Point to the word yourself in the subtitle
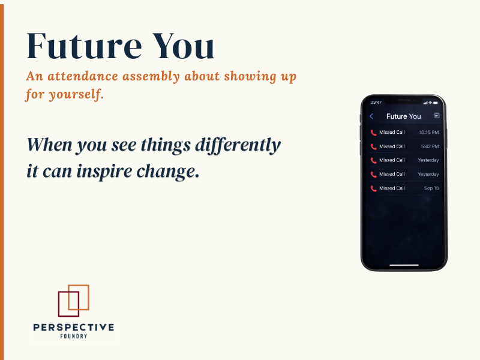pyautogui.click(x=77, y=95)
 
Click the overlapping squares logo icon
pyautogui.click(x=73, y=301)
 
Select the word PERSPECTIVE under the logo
pyautogui.click(x=73, y=328)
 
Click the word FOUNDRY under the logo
pyautogui.click(x=73, y=337)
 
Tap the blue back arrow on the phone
pyautogui.click(x=371, y=116)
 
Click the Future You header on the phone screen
pyautogui.click(x=403, y=116)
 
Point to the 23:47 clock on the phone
pyautogui.click(x=376, y=103)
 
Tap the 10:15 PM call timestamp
pyautogui.click(x=428, y=132)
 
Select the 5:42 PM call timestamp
pyautogui.click(x=429, y=146)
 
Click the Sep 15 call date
pyautogui.click(x=431, y=188)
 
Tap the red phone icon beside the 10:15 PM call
pyautogui.click(x=373, y=132)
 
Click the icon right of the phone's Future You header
pyautogui.click(x=436, y=116)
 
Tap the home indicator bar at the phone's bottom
pyautogui.click(x=404, y=265)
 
